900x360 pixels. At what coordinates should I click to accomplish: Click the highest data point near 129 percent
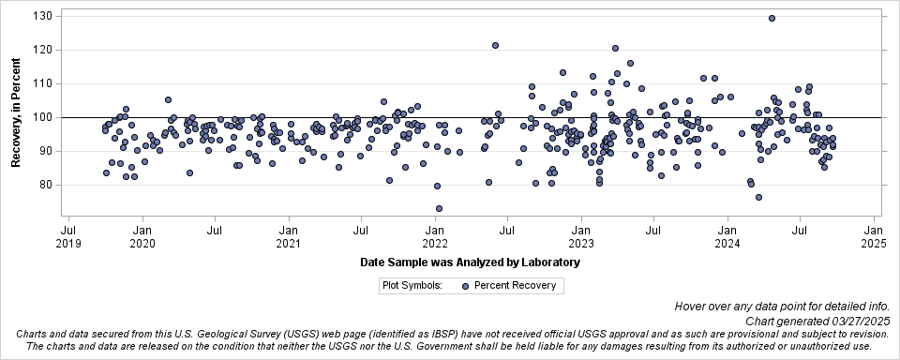pos(772,18)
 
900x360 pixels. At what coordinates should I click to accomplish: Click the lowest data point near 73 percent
pos(439,208)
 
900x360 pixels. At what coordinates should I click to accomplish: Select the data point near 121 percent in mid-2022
pos(495,45)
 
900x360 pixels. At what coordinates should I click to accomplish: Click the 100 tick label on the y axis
pos(41,117)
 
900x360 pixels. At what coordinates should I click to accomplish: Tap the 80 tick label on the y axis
pos(44,185)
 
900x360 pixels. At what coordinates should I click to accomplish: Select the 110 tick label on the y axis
pos(41,83)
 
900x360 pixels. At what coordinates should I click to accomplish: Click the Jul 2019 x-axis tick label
pos(68,236)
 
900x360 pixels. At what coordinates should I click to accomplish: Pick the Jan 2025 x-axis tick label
pos(873,236)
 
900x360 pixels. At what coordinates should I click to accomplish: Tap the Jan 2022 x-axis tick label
pos(435,236)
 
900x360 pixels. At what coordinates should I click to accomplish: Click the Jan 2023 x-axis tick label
pos(581,236)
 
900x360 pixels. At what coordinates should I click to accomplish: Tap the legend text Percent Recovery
pos(515,286)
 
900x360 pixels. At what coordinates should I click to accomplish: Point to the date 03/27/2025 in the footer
pos(858,321)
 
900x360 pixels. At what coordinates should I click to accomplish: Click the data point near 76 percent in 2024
pos(758,197)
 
